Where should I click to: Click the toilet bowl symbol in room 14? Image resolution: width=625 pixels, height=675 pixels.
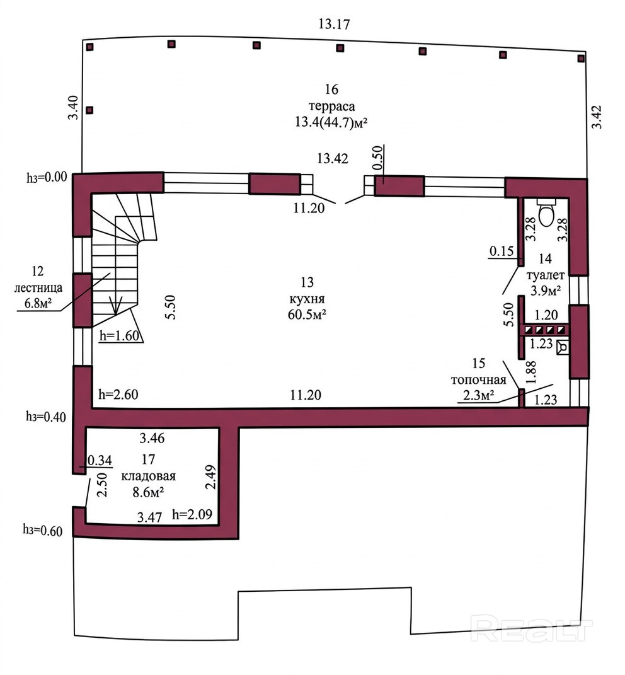click(546, 212)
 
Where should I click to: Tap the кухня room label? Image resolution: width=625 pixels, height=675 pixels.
click(307, 299)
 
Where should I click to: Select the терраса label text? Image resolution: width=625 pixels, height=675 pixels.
click(331, 107)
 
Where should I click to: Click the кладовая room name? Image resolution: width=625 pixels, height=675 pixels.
click(149, 476)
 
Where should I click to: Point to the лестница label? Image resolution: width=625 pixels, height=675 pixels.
click(38, 287)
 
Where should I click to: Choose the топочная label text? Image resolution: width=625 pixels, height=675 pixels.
click(478, 380)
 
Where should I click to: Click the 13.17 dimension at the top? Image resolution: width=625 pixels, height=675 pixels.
click(334, 24)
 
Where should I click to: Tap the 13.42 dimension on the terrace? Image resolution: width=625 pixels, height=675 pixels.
click(332, 158)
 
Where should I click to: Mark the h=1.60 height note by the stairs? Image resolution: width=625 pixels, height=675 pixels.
click(120, 335)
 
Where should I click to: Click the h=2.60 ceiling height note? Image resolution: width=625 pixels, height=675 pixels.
click(118, 395)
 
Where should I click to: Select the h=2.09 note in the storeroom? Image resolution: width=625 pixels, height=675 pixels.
click(192, 514)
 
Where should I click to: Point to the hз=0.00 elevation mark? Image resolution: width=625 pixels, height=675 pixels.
click(47, 177)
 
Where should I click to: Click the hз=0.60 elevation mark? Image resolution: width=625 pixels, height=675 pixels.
click(43, 531)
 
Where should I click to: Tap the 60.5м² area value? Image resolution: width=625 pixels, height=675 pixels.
click(307, 314)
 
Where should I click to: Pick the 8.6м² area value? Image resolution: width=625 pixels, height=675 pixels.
click(149, 492)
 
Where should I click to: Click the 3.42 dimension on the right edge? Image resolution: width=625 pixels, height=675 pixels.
click(597, 117)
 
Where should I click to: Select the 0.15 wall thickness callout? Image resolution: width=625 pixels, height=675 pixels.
click(502, 251)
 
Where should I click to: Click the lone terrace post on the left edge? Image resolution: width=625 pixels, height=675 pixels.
click(89, 110)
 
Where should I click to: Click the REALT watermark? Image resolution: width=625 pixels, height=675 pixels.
click(532, 629)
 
